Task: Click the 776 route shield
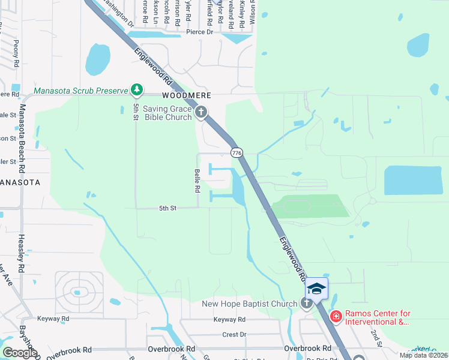pos(237,153)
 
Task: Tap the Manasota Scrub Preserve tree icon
pos(137,91)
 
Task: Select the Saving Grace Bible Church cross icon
pos(201,112)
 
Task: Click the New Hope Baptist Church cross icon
pos(307,304)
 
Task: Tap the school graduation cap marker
pos(316,289)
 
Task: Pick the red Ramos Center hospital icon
pos(336,315)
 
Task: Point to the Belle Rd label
pos(196,180)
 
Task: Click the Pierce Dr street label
pos(199,32)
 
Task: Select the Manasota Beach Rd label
pos(23,135)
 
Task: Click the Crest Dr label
pos(234,334)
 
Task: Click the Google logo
pos(20,353)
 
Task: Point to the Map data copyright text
pos(423,355)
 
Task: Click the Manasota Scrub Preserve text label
pos(81,91)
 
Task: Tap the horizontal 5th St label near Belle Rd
pos(167,208)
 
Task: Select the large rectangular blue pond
pos(415,180)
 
